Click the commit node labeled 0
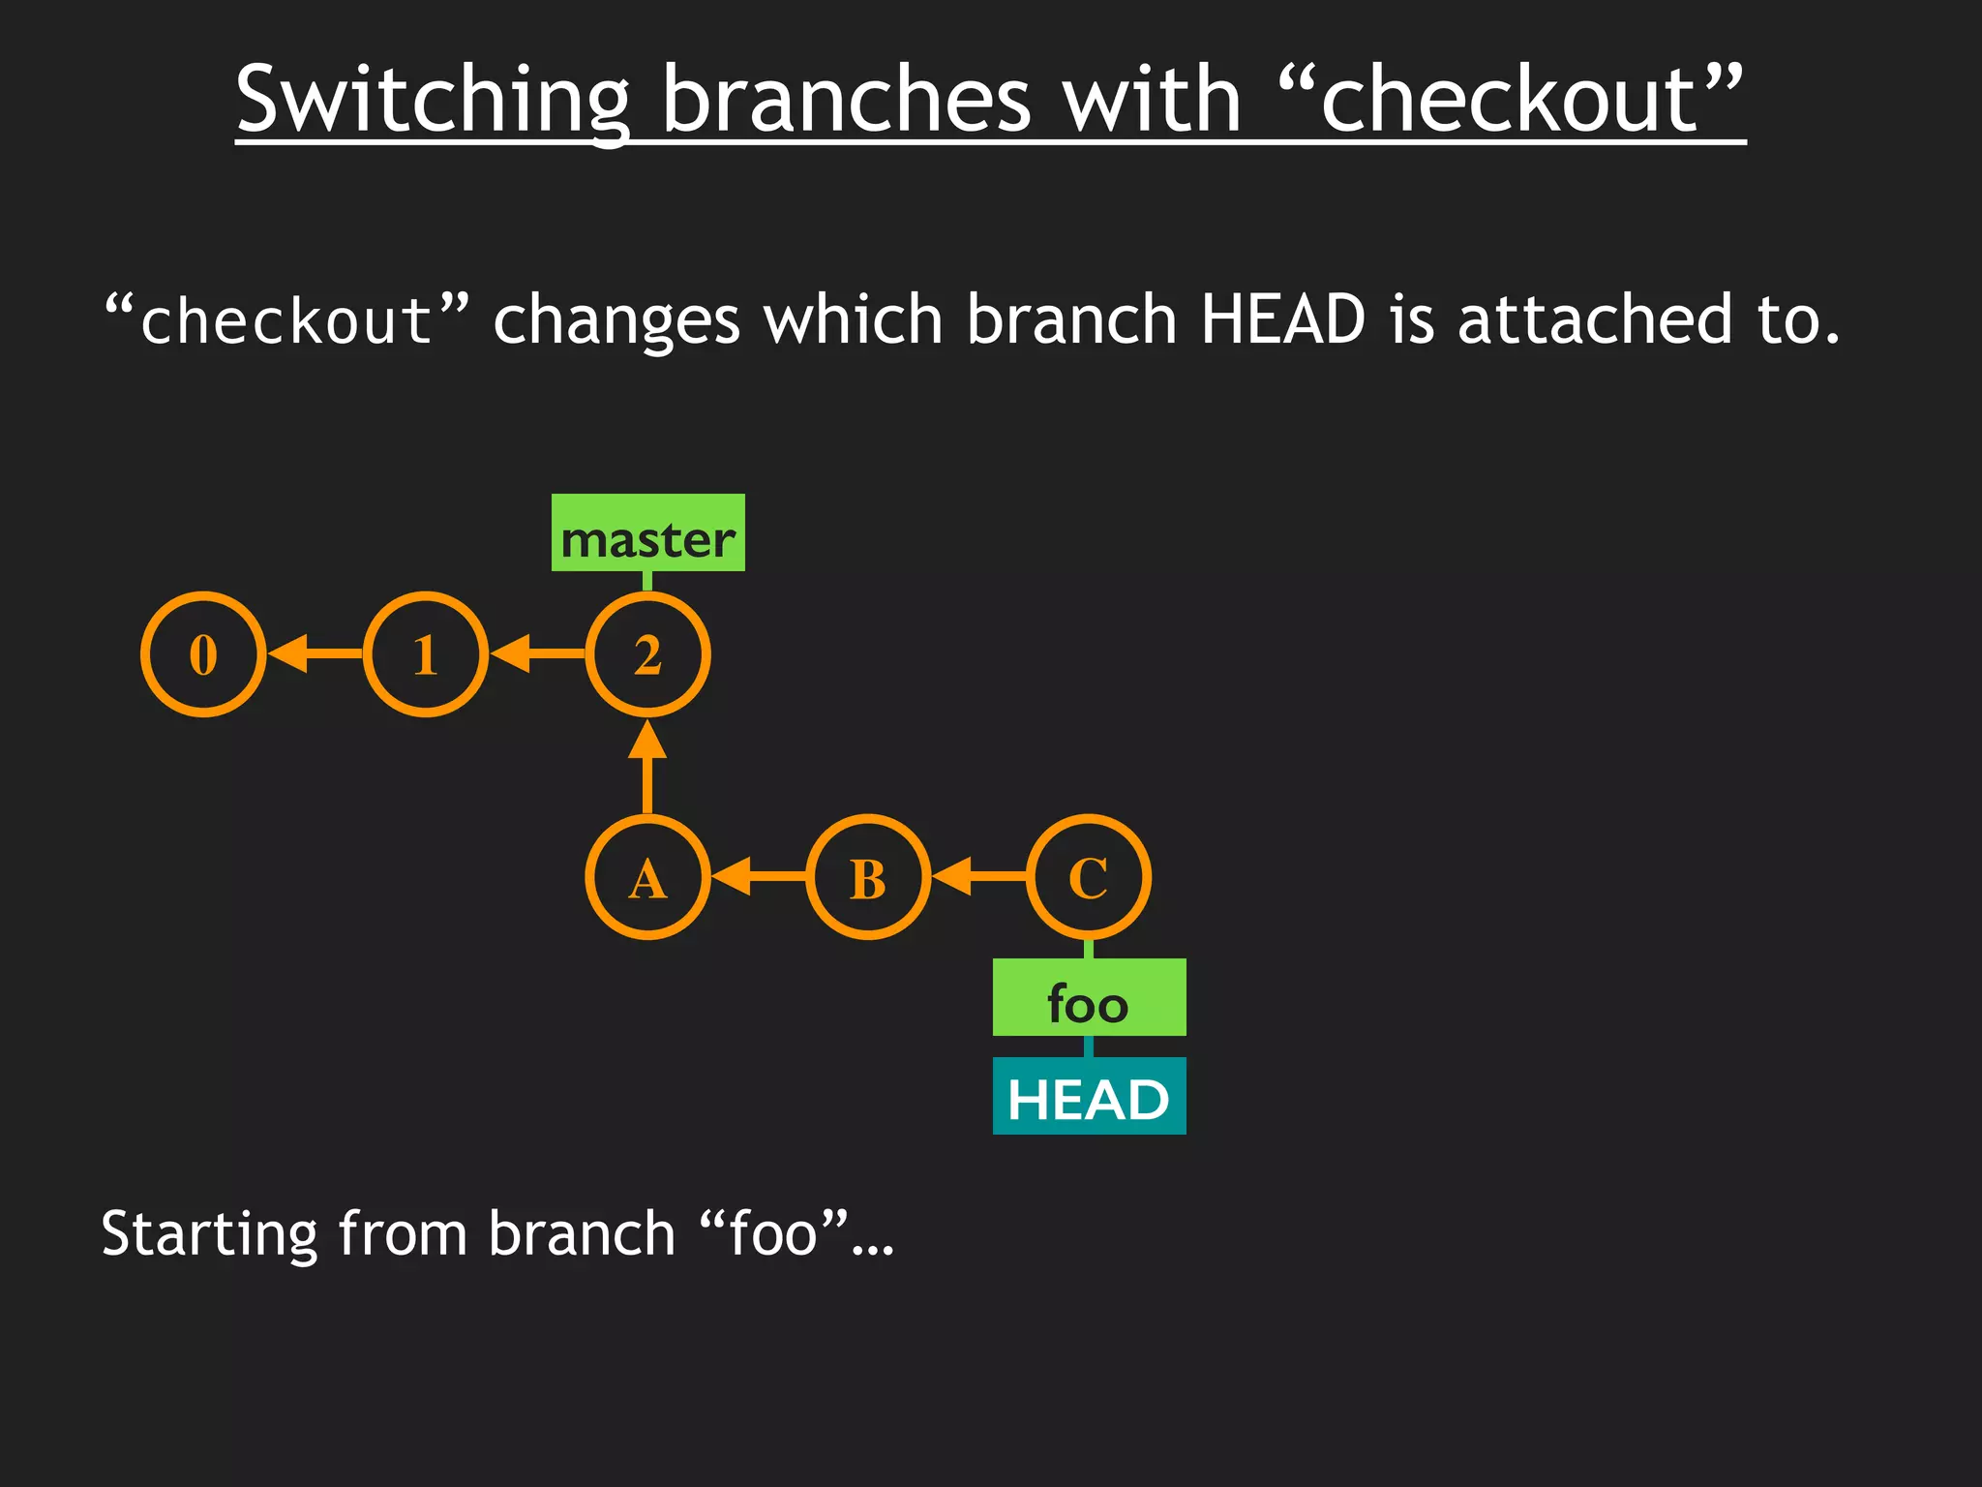click(203, 654)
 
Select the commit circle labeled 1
click(426, 654)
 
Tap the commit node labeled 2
click(647, 654)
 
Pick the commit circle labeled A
click(647, 877)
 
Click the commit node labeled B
click(868, 877)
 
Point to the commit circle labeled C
click(1089, 877)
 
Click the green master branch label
click(647, 533)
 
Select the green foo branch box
click(1089, 998)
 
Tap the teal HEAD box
click(1089, 1097)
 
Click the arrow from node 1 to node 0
click(314, 654)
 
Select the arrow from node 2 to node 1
click(536, 654)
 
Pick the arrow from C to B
click(978, 877)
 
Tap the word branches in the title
click(846, 100)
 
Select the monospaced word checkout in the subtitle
click(286, 321)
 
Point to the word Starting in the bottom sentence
click(209, 1234)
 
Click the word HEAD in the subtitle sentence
click(1281, 319)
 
